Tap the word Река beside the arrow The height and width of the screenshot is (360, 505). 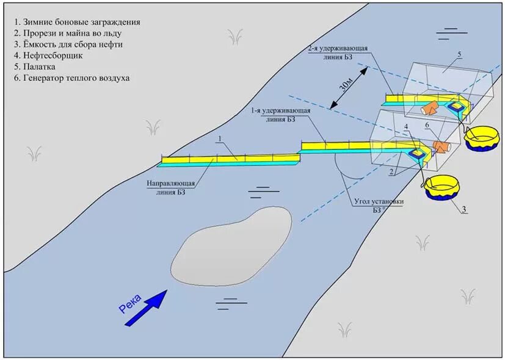point(130,303)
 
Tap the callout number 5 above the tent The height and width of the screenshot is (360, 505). point(459,55)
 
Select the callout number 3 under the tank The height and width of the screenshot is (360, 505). point(463,210)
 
